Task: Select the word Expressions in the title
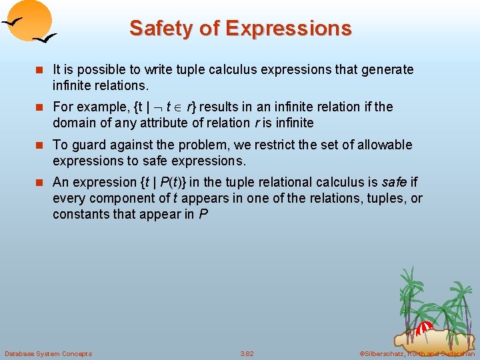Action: pos(289,29)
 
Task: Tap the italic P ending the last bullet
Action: pos(203,214)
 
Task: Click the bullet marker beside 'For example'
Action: pos(41,107)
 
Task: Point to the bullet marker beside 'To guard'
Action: pos(41,145)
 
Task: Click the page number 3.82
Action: pos(247,353)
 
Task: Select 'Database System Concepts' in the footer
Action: pos(48,353)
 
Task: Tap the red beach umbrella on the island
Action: pos(424,327)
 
